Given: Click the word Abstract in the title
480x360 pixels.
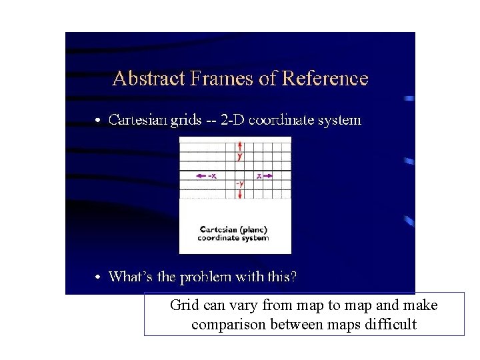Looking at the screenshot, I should tap(149, 79).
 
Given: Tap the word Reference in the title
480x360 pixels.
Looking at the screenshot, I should tap(325, 79).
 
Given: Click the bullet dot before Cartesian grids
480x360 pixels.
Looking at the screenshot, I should tap(98, 121).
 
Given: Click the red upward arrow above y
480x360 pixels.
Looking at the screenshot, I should tap(240, 146).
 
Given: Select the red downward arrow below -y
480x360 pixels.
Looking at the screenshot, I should tap(240, 193).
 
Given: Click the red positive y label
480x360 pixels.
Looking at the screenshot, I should tap(240, 157).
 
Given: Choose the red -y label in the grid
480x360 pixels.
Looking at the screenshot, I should tap(239, 183).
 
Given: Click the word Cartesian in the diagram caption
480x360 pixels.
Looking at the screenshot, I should tap(215, 230).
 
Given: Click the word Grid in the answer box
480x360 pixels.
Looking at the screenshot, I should tap(183, 306).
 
